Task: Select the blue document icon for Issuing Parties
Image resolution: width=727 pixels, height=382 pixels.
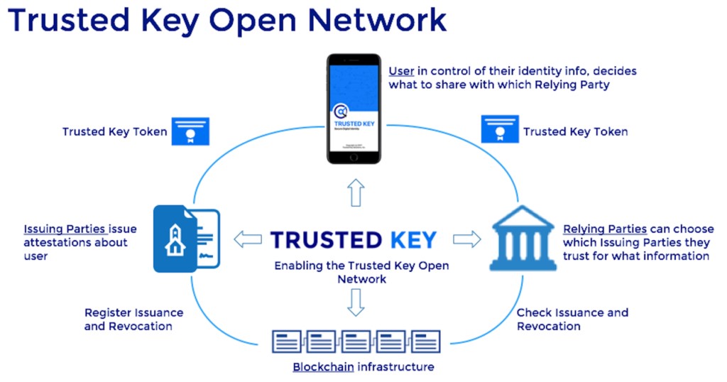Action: coord(186,239)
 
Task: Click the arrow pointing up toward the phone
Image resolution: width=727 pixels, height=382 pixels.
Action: coord(356,192)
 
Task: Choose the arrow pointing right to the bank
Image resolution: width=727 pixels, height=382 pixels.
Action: coord(466,239)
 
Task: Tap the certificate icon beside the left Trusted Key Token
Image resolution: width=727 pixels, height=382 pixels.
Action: coord(190,131)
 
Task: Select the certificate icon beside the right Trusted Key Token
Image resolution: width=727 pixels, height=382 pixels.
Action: coord(500,130)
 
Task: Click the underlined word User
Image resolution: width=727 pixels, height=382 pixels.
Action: coord(401,72)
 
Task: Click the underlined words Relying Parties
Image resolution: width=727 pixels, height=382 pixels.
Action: coord(604,229)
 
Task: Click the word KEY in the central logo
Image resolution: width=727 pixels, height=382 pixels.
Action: coord(407,240)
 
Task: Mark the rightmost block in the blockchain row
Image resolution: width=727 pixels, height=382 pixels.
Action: coord(425,342)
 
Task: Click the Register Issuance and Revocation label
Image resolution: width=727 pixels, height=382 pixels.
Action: coord(133,320)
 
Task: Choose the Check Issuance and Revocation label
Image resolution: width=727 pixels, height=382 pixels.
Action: coord(572,320)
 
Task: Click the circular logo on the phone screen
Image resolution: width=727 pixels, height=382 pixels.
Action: coord(341,111)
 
